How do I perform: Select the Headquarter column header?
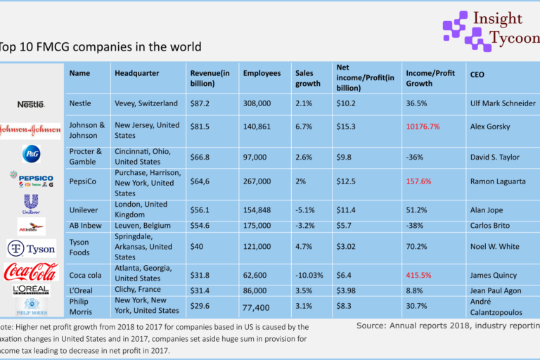[x=136, y=73]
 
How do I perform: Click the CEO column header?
[x=477, y=74]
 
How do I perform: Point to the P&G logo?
[x=32, y=153]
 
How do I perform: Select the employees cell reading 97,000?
[x=257, y=156]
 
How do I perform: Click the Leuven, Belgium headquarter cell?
[x=142, y=225]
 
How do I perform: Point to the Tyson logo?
[x=32, y=249]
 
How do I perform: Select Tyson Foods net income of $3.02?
[x=349, y=247]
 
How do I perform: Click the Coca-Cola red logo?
[x=31, y=271]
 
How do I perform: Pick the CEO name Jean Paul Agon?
[x=499, y=290]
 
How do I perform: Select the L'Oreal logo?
[x=31, y=290]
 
